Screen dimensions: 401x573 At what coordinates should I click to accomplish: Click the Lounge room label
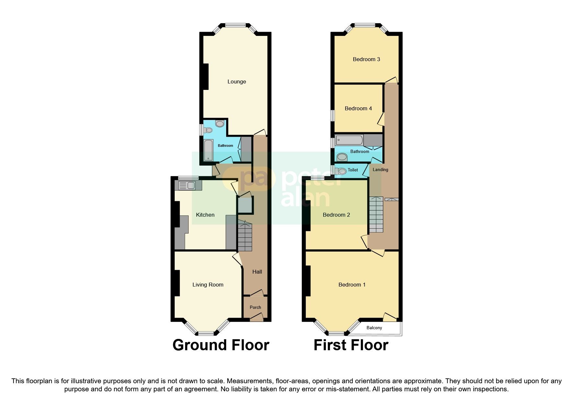(237, 82)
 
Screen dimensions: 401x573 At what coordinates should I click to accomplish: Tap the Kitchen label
(205, 215)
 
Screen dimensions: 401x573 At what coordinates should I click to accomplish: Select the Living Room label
(208, 285)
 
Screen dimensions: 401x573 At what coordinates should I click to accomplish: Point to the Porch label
(255, 308)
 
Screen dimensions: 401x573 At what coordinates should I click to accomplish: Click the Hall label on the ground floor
(257, 272)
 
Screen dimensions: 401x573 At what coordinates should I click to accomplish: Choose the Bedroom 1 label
(352, 285)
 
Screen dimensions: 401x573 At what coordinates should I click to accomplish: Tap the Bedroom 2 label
(336, 215)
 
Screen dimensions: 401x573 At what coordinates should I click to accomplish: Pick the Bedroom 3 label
(366, 60)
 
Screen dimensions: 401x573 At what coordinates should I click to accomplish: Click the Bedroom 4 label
(358, 109)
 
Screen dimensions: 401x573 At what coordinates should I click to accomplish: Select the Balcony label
(374, 328)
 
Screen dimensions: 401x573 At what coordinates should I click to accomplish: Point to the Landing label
(380, 170)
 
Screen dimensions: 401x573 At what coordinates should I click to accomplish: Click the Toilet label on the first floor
(353, 170)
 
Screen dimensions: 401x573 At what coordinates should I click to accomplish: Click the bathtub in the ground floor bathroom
(208, 150)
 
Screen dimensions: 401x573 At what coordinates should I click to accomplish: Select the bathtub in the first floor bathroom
(349, 140)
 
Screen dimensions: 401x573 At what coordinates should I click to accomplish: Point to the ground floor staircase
(245, 236)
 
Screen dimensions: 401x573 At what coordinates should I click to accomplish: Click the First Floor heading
(351, 345)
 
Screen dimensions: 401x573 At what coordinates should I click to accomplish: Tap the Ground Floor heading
(221, 345)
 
